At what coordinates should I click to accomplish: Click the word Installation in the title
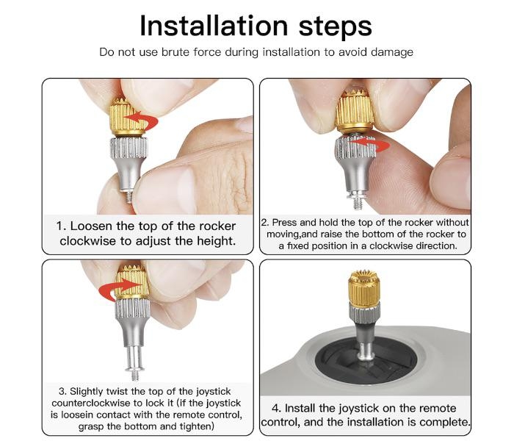[x=214, y=26]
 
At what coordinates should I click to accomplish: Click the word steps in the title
[x=335, y=28]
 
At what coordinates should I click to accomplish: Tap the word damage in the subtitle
[x=391, y=52]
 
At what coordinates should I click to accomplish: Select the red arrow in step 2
[x=374, y=144]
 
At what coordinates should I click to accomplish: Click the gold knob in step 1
[x=127, y=116]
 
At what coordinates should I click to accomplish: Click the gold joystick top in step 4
[x=363, y=288]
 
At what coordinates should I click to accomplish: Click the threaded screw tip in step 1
[x=129, y=196]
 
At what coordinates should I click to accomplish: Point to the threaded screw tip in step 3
[x=134, y=374]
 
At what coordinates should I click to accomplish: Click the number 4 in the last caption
[x=275, y=409]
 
